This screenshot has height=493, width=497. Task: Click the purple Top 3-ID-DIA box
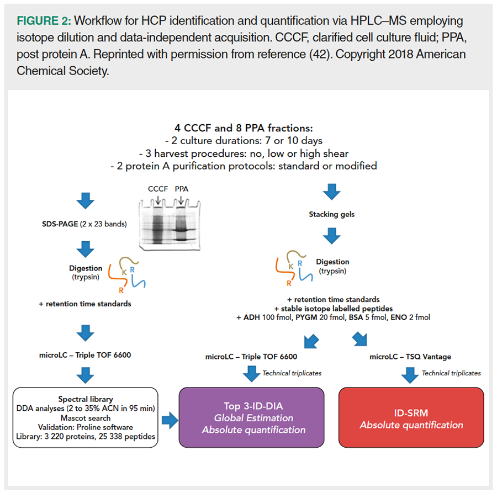pyautogui.click(x=251, y=417)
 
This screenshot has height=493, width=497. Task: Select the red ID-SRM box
pyautogui.click(x=411, y=417)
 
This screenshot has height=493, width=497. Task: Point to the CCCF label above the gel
pyautogui.click(x=157, y=189)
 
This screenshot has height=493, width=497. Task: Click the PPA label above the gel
pyautogui.click(x=182, y=189)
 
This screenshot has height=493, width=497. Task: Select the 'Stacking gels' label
pyautogui.click(x=331, y=215)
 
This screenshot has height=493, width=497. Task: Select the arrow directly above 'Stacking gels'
pyautogui.click(x=331, y=192)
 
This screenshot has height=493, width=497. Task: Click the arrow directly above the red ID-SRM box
pyautogui.click(x=409, y=375)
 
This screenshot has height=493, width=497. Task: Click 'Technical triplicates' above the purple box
pyautogui.click(x=292, y=373)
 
